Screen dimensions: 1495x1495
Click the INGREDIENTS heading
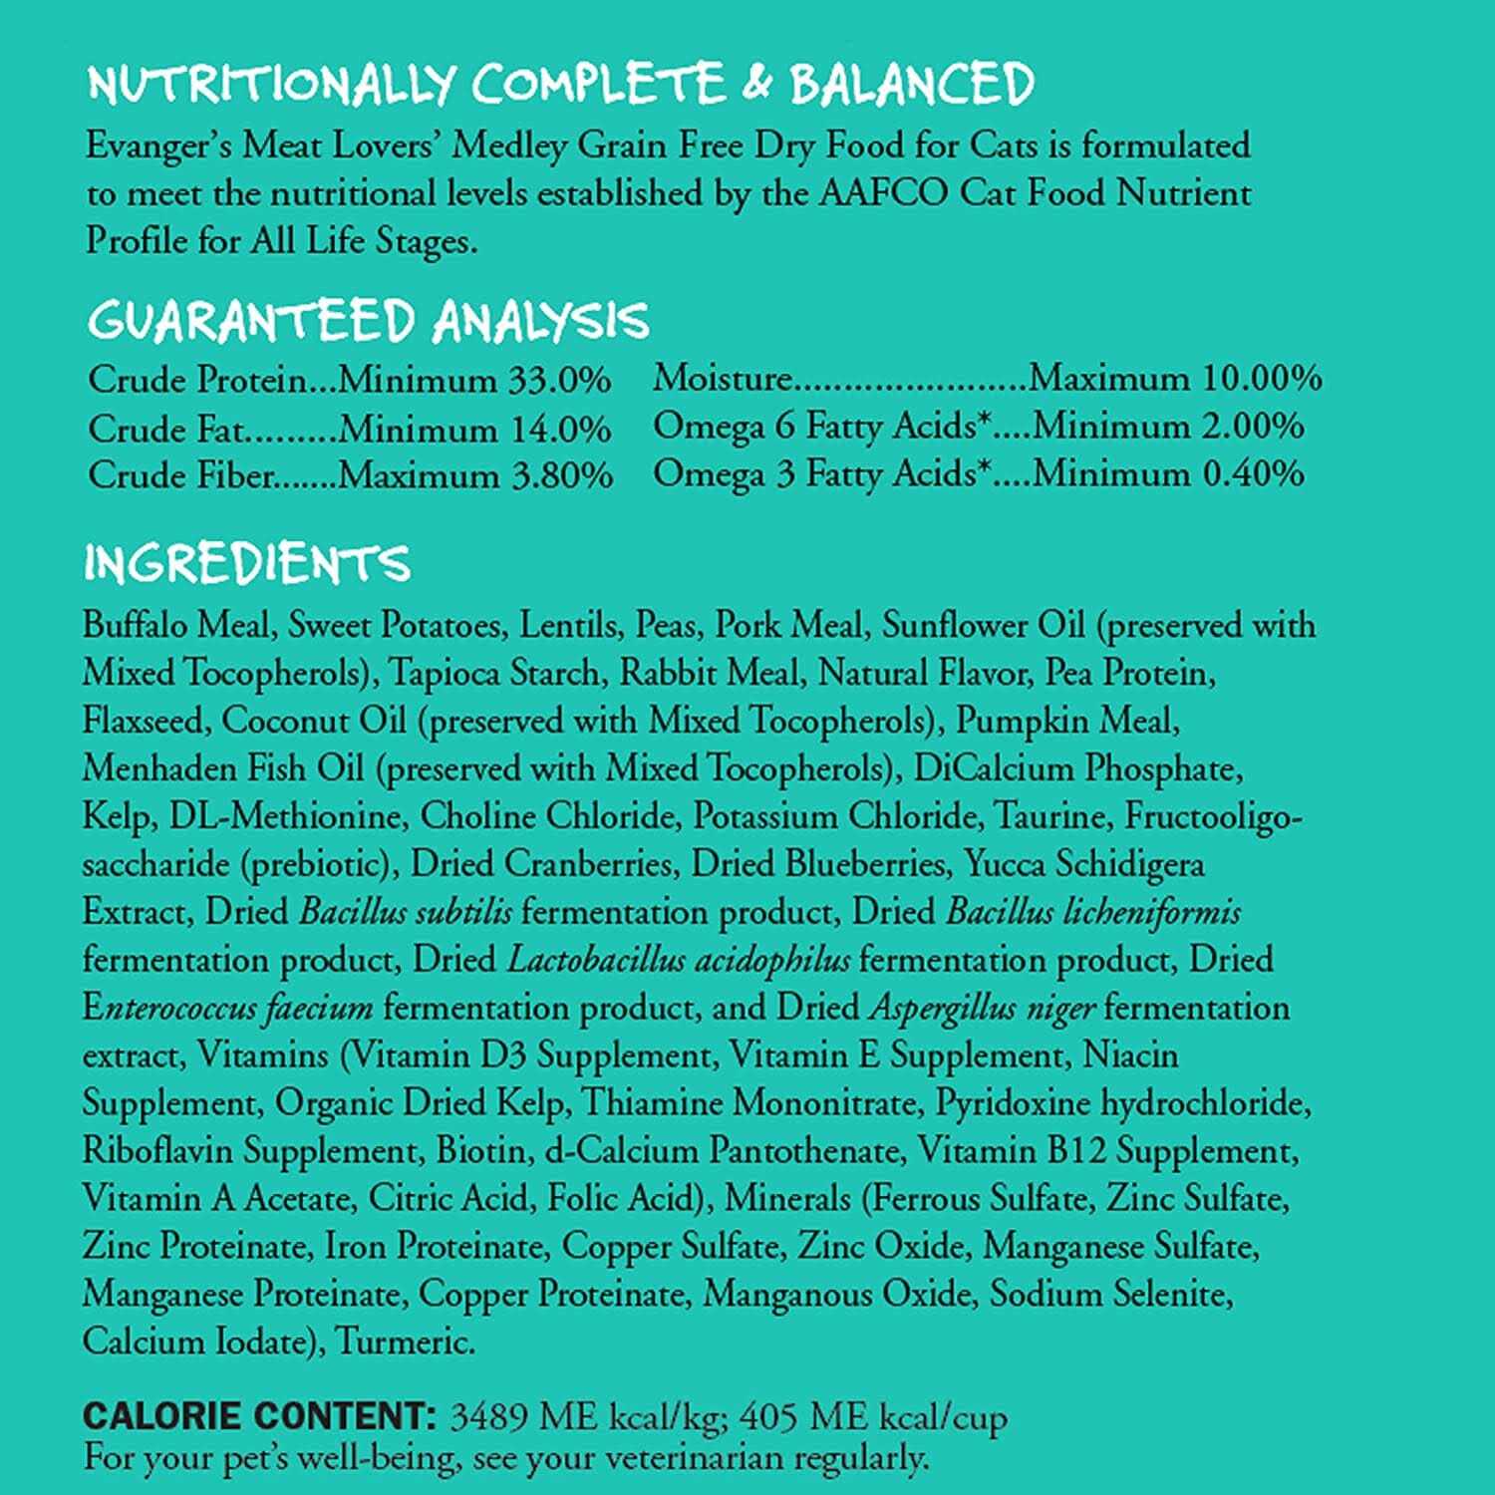pos(246,563)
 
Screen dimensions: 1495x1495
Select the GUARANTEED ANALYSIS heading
pos(368,321)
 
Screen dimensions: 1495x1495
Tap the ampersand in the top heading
pos(756,84)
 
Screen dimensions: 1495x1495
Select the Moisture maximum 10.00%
pos(1261,378)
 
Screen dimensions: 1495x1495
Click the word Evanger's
pos(158,147)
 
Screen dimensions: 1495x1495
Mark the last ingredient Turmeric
pos(404,1342)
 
